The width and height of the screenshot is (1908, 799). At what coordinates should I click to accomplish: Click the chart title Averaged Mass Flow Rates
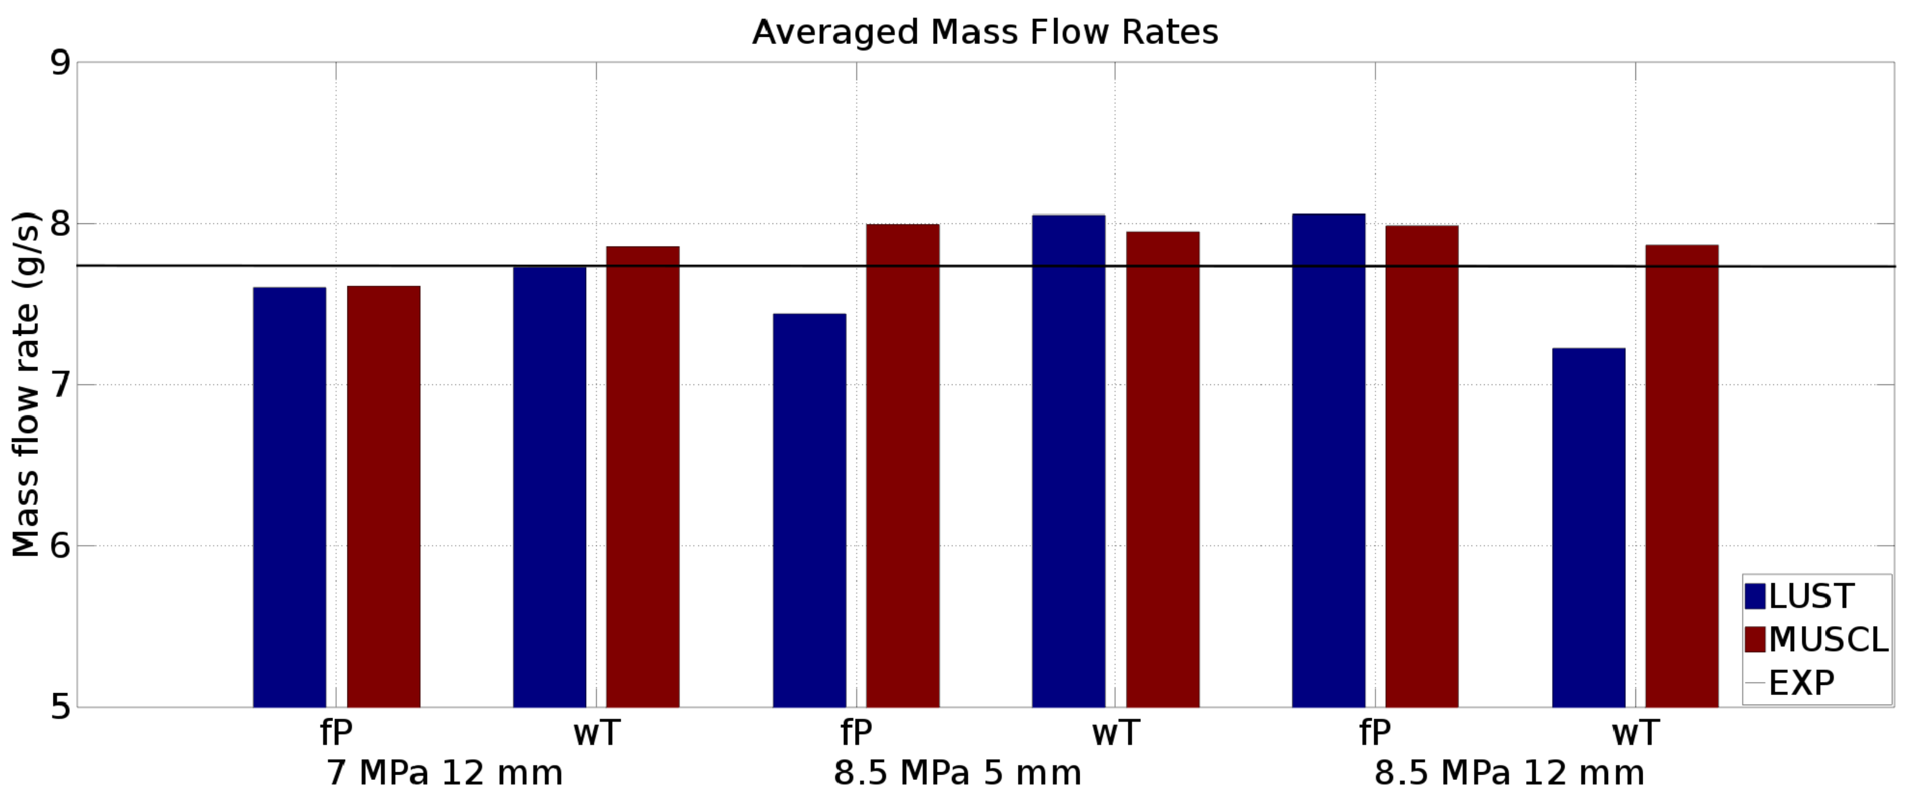985,32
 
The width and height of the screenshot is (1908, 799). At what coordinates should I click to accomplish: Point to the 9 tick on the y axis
60,62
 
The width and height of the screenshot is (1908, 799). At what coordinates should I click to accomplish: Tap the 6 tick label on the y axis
60,547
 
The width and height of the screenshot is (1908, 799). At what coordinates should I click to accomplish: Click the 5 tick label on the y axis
60,706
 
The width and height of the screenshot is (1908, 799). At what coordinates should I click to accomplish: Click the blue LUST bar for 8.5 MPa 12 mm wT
1588,527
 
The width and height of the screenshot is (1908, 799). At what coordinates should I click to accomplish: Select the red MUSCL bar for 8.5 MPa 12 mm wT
1681,475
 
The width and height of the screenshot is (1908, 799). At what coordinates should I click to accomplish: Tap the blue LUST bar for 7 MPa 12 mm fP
290,497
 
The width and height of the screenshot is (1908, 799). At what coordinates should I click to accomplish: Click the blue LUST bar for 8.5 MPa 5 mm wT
1068,460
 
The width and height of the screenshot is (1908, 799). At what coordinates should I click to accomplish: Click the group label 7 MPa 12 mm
444,773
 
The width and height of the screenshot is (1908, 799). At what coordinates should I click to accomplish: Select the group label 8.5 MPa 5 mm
957,773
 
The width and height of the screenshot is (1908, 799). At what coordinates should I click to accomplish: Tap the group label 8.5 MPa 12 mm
1510,773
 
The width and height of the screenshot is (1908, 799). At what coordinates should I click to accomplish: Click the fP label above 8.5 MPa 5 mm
856,733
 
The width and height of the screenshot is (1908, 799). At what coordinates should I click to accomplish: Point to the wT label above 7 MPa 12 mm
596,733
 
